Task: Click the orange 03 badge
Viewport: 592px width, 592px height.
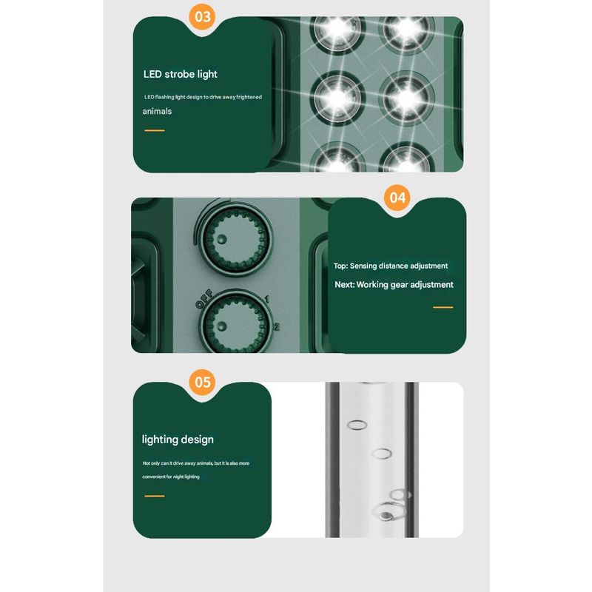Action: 202,16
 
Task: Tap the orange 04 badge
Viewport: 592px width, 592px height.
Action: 397,198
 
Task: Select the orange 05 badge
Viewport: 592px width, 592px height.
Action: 202,382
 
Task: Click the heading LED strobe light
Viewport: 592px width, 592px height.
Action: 180,75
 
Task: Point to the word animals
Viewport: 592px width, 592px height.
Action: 157,112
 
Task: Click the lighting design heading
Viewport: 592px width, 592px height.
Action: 178,440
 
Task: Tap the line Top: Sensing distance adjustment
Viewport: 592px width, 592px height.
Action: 391,266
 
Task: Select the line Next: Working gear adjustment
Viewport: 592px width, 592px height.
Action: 394,285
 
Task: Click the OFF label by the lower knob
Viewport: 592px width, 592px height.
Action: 204,299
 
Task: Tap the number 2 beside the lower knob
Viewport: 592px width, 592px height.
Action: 277,327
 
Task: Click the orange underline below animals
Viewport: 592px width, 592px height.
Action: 155,131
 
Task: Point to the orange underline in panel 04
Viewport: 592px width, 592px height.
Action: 443,307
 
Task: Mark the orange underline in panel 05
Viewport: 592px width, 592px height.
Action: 155,496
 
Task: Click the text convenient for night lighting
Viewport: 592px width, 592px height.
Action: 171,477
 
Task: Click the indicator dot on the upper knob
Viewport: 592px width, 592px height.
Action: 221,239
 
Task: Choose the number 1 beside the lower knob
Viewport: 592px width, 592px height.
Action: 267,300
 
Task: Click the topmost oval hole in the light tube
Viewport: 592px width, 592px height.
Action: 357,425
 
